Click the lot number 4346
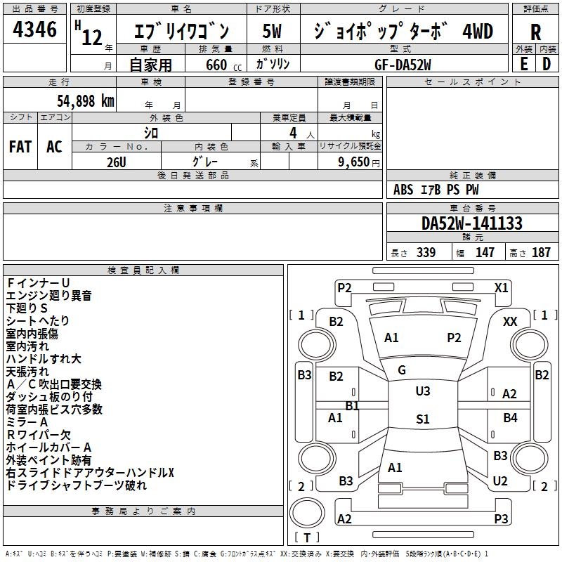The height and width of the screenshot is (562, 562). pos(35,30)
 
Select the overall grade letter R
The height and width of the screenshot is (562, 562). pos(535,32)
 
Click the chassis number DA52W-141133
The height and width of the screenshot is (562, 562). pos(472,223)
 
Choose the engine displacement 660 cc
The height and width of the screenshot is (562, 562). pos(216,65)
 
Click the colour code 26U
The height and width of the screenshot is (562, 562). pos(116,160)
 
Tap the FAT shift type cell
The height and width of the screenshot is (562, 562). pos(20,146)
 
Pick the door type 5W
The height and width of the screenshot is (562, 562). pos(273,32)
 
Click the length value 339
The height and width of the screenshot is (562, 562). pos(426,252)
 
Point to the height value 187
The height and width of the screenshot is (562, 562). pos(541,252)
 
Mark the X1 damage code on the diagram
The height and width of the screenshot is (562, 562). pos(502,287)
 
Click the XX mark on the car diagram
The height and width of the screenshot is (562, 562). pos(511,322)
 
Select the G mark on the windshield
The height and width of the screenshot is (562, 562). pos(402,370)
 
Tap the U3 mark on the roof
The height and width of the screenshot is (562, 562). pos(423,391)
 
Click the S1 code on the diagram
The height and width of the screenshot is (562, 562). pos(422,419)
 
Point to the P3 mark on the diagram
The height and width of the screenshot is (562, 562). pos(501,518)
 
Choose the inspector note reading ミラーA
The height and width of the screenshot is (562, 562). pos(27,421)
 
